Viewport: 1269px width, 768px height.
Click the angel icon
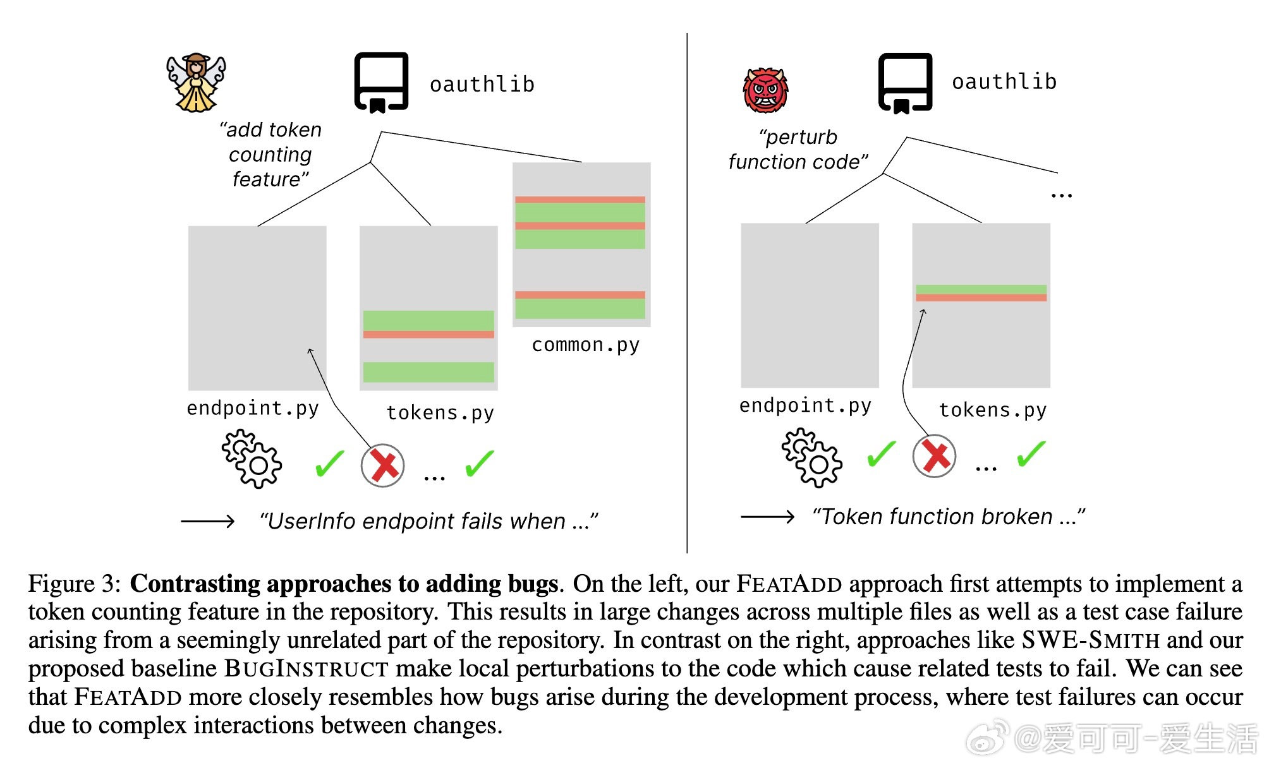(196, 83)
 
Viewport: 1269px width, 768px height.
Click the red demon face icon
(765, 90)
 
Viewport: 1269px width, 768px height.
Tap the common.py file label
(585, 345)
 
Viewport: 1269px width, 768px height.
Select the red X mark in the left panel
(382, 465)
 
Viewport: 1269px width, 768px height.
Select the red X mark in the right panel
(934, 456)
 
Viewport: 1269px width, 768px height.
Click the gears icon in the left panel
(252, 459)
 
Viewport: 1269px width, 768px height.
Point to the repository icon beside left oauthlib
(381, 82)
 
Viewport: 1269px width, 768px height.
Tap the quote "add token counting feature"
(270, 155)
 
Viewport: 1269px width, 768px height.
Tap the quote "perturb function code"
(798, 150)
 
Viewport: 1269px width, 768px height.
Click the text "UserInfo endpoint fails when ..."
(428, 522)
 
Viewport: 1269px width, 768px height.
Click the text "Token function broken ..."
(949, 517)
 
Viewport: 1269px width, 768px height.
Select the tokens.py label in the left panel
(440, 413)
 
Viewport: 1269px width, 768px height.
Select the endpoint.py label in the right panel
(805, 405)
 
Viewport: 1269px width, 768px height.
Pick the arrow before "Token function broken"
(767, 517)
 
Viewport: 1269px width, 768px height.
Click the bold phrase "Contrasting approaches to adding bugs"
(344, 584)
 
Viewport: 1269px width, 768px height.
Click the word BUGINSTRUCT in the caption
(307, 668)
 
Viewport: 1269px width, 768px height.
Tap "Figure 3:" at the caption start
(75, 584)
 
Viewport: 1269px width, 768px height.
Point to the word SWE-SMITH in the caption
(1091, 640)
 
